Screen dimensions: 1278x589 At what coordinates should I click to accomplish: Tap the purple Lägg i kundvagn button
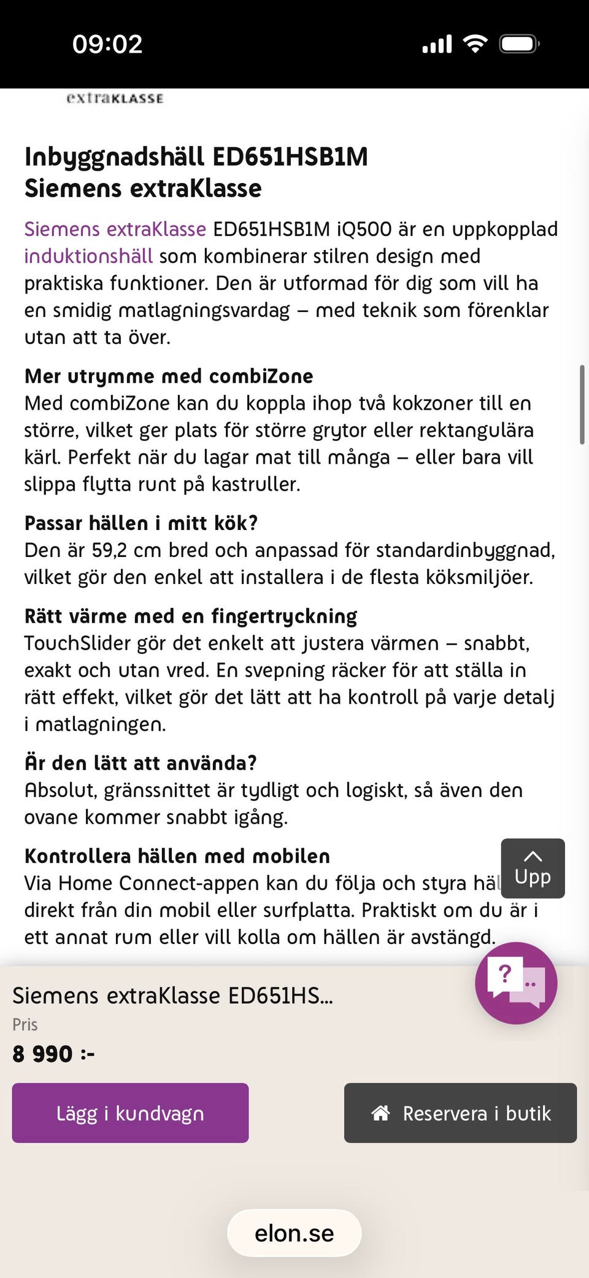tap(130, 1113)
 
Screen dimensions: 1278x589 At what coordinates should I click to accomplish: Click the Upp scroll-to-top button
tap(533, 868)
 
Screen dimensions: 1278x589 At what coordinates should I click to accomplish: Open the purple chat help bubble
tap(516, 983)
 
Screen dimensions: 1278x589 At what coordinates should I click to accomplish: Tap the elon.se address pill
tap(294, 1233)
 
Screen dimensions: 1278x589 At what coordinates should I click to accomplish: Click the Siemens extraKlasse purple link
tap(115, 229)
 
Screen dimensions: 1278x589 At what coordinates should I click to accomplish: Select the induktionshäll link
tap(88, 256)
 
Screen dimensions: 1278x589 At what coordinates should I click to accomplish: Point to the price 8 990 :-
tap(53, 1054)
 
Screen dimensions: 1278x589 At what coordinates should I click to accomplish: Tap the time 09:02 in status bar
tap(107, 44)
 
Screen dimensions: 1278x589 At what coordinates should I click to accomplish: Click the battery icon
tap(519, 44)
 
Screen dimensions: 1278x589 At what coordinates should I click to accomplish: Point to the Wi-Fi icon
tap(475, 44)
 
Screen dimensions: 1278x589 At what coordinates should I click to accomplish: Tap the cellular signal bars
tap(437, 44)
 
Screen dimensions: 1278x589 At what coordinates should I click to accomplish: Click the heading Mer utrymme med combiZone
tap(169, 376)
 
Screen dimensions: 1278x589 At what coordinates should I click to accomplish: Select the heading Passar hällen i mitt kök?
tap(141, 523)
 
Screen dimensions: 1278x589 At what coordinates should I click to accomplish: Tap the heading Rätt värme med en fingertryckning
tap(191, 616)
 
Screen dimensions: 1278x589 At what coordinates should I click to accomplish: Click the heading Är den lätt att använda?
tap(141, 763)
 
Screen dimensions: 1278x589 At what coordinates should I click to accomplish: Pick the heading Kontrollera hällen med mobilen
tap(177, 855)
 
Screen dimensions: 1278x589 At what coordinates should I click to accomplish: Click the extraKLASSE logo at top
tap(115, 98)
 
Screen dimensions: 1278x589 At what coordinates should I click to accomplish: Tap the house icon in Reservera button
tap(381, 1113)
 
